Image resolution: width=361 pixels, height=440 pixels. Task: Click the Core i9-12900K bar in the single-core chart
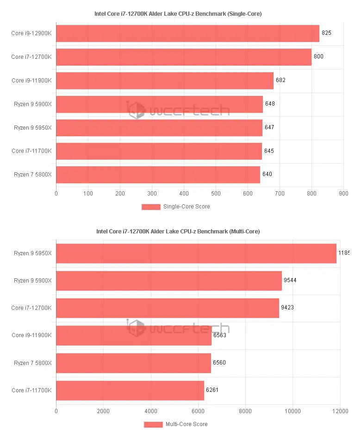[187, 33]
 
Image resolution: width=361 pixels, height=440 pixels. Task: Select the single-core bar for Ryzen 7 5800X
[158, 175]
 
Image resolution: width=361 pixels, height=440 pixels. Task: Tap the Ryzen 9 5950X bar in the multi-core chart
[196, 253]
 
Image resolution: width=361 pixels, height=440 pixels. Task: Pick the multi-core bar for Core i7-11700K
[130, 390]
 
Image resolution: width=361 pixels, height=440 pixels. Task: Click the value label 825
[326, 33]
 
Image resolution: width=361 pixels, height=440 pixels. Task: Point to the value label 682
[280, 80]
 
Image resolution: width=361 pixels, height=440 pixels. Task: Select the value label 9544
[289, 281]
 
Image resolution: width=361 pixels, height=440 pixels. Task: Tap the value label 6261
[212, 390]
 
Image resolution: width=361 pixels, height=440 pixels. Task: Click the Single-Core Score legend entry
[176, 207]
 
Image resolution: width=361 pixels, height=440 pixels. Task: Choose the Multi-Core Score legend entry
[176, 424]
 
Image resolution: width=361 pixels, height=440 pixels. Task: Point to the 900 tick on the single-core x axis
[343, 193]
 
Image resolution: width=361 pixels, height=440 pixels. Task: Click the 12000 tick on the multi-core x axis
[340, 411]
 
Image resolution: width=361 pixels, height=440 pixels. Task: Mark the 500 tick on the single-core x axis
[216, 193]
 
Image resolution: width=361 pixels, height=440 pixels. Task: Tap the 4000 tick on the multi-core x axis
[151, 411]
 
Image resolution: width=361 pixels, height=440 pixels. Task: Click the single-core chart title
[178, 14]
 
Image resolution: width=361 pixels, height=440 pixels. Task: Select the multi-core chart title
[178, 231]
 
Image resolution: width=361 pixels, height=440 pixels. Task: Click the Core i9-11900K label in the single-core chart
[31, 81]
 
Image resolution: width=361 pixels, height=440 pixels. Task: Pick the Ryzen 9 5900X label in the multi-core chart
[32, 281]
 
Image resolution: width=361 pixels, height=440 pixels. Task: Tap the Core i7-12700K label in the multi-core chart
[31, 308]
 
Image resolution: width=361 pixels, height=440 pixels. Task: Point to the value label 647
[269, 127]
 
